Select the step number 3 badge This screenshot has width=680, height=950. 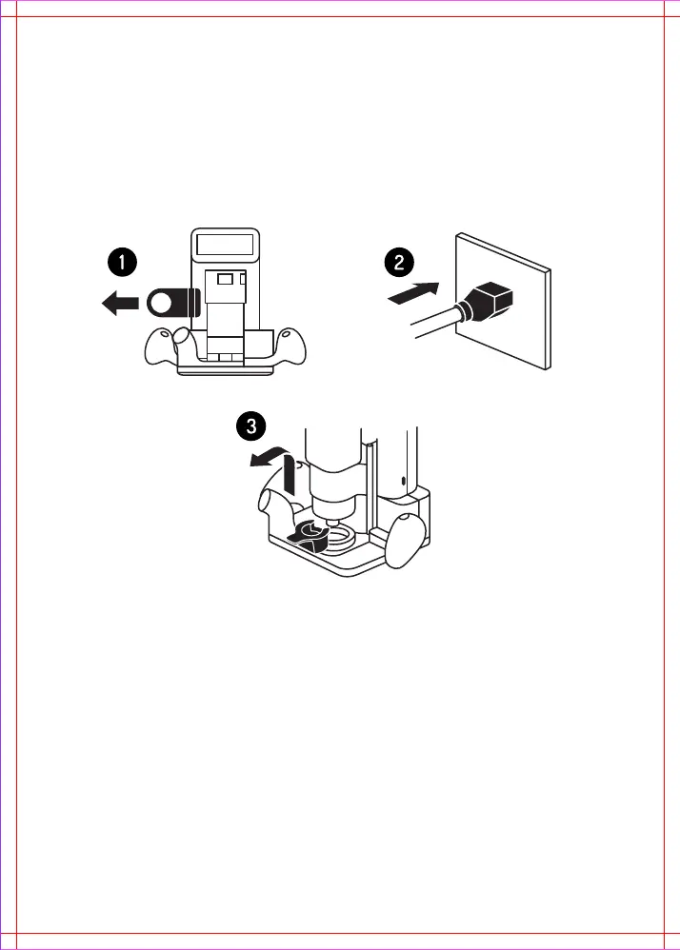pyautogui.click(x=250, y=426)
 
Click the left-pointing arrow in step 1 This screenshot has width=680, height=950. pyautogui.click(x=119, y=304)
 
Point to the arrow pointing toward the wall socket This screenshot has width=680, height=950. pyautogui.click(x=417, y=292)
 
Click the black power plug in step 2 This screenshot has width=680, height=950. pyautogui.click(x=491, y=302)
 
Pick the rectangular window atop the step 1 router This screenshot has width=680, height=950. pyautogui.click(x=225, y=246)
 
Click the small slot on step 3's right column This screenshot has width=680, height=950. pyautogui.click(x=403, y=480)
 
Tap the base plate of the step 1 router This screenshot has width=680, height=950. pyautogui.click(x=225, y=370)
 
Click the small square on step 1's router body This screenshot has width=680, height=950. pyautogui.click(x=225, y=279)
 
